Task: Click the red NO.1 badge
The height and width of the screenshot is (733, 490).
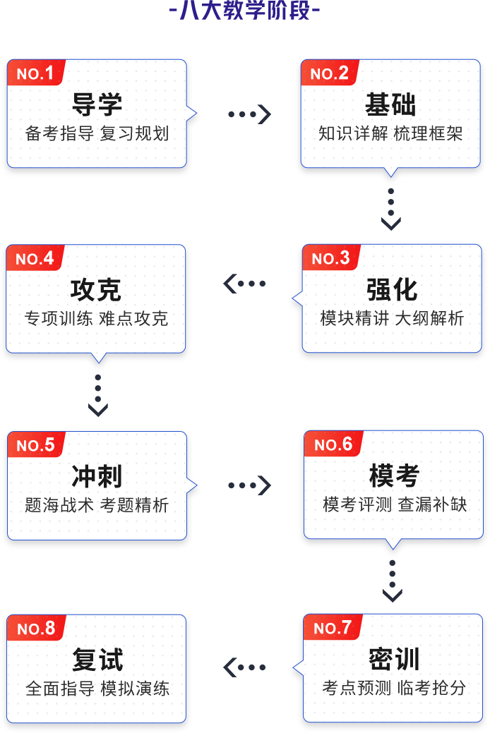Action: (35, 73)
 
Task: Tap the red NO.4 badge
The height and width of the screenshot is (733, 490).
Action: (35, 259)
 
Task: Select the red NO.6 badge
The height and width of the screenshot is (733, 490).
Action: (333, 444)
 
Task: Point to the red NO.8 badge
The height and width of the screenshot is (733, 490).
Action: (36, 629)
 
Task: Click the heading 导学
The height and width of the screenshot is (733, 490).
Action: (97, 105)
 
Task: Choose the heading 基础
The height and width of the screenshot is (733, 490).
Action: (390, 105)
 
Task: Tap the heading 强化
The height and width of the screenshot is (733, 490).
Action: (392, 290)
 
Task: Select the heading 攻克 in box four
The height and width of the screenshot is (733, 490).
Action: (96, 290)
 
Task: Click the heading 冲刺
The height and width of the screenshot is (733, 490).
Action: (97, 476)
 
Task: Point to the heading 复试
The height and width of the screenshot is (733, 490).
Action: (97, 660)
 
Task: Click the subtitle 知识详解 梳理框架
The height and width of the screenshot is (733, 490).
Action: (390, 133)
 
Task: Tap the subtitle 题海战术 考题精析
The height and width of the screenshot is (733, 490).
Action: (97, 505)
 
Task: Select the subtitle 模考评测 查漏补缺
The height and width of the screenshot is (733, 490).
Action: (395, 504)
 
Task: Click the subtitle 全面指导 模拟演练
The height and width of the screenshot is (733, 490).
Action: (97, 689)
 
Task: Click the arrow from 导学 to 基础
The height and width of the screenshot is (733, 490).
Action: (249, 114)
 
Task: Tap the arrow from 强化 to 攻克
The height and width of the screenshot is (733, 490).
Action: (244, 284)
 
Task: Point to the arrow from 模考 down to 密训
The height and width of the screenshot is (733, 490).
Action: (393, 580)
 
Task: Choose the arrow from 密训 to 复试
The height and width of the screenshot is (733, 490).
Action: (244, 667)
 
